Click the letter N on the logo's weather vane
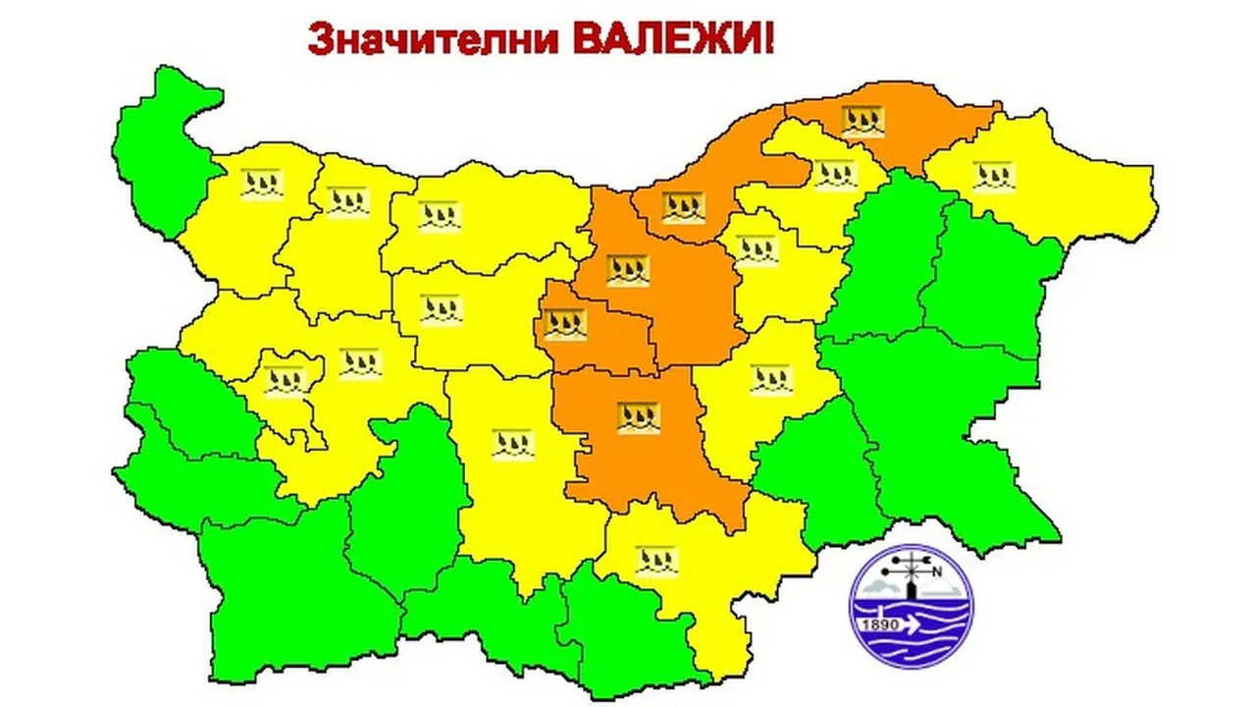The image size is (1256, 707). (936, 573)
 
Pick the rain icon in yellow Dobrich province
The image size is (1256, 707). (993, 177)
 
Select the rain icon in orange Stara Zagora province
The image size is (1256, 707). (638, 417)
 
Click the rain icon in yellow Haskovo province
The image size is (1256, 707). (656, 561)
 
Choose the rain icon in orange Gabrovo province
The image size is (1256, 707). (565, 324)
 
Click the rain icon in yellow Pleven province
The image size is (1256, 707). (439, 215)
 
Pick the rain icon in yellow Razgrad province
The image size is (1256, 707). (835, 174)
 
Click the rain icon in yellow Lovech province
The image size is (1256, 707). (441, 310)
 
